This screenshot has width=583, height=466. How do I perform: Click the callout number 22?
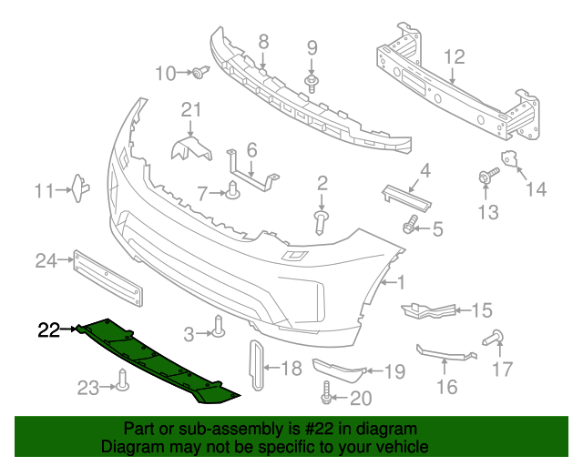48,329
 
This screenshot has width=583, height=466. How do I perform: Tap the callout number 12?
454,57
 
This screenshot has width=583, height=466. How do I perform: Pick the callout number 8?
263,40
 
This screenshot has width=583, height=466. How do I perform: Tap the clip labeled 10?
198,72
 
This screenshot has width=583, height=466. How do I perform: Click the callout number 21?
189,110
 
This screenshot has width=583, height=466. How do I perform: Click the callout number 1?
402,283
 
